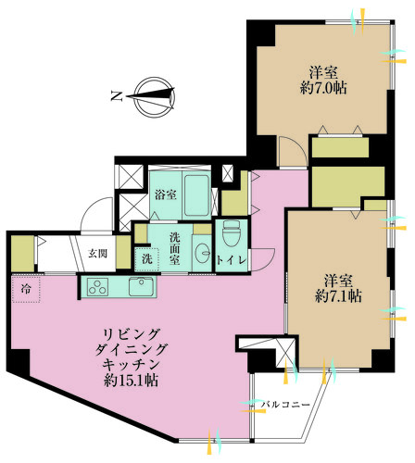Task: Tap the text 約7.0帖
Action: [324, 90]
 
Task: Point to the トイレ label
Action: [231, 262]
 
